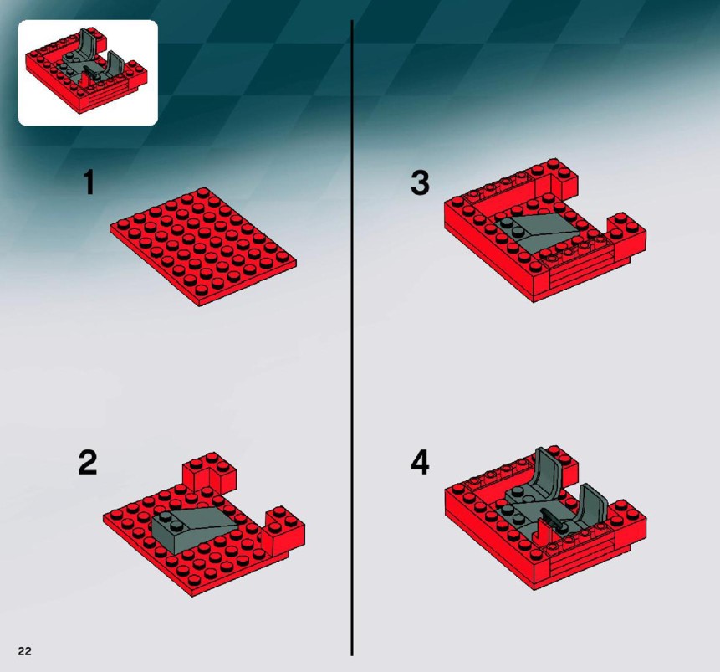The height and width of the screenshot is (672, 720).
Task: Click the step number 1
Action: (89, 182)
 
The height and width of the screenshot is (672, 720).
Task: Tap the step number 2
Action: (88, 463)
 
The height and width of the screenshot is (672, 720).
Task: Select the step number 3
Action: (420, 182)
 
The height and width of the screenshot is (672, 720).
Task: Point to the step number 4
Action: (420, 463)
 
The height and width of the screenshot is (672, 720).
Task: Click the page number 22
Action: (25, 650)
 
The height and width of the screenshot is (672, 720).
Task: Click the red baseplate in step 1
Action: (203, 246)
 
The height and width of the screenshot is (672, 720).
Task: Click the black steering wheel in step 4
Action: (553, 519)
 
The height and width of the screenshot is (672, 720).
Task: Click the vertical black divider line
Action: (352, 338)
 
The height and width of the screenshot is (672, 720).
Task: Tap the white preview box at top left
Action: (88, 73)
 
